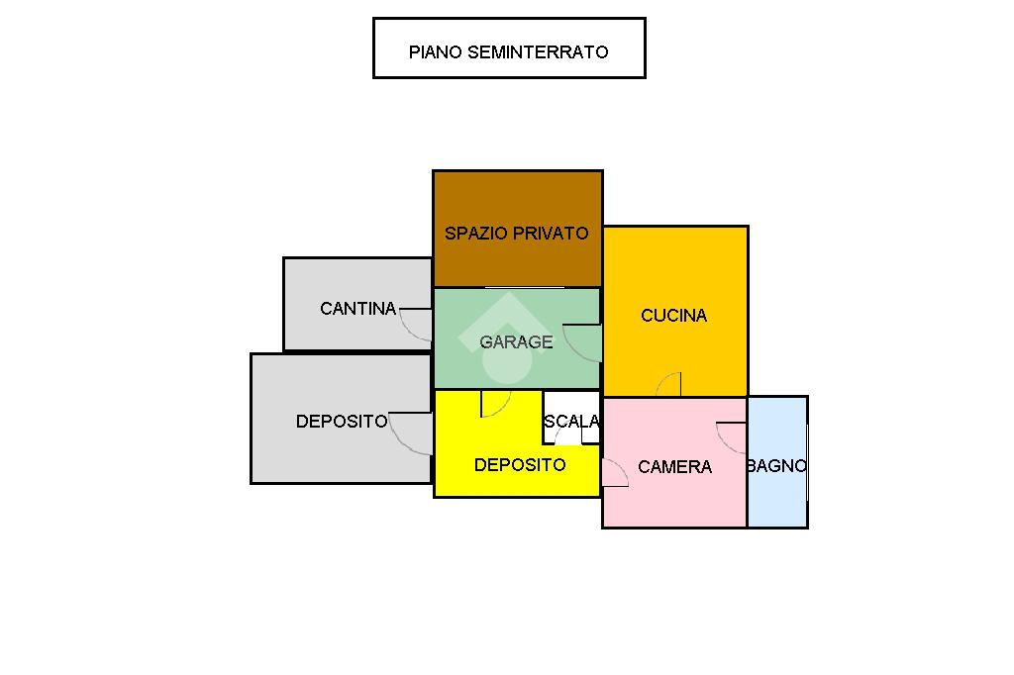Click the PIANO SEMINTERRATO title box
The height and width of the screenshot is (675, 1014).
[509, 48]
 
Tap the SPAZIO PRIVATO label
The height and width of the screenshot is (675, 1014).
[516, 234]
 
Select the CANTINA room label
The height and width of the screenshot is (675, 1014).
[357, 309]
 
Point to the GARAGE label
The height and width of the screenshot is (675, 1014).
[516, 342]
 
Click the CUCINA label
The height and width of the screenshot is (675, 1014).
[673, 316]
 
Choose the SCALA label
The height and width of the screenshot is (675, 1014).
[571, 422]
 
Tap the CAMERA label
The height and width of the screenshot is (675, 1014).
[674, 467]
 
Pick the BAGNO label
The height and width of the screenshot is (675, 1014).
[776, 466]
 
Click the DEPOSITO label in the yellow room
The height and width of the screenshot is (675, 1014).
[520, 465]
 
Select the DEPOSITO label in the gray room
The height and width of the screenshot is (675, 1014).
[342, 422]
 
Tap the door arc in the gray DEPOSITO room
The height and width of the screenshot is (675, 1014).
[410, 435]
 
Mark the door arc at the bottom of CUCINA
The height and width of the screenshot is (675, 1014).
[668, 384]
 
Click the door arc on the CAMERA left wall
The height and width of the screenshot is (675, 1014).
[615, 473]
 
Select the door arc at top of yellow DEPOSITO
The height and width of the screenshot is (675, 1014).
[495, 404]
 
